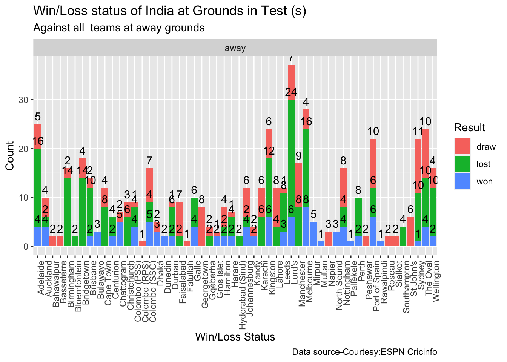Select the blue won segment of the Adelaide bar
click(38, 236)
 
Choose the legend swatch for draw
click(462, 146)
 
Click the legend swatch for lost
click(462, 164)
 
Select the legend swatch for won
click(462, 181)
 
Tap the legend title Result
click(469, 128)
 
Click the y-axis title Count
click(10, 156)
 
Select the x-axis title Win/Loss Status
click(235, 337)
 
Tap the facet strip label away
click(235, 48)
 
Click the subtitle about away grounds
click(119, 28)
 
